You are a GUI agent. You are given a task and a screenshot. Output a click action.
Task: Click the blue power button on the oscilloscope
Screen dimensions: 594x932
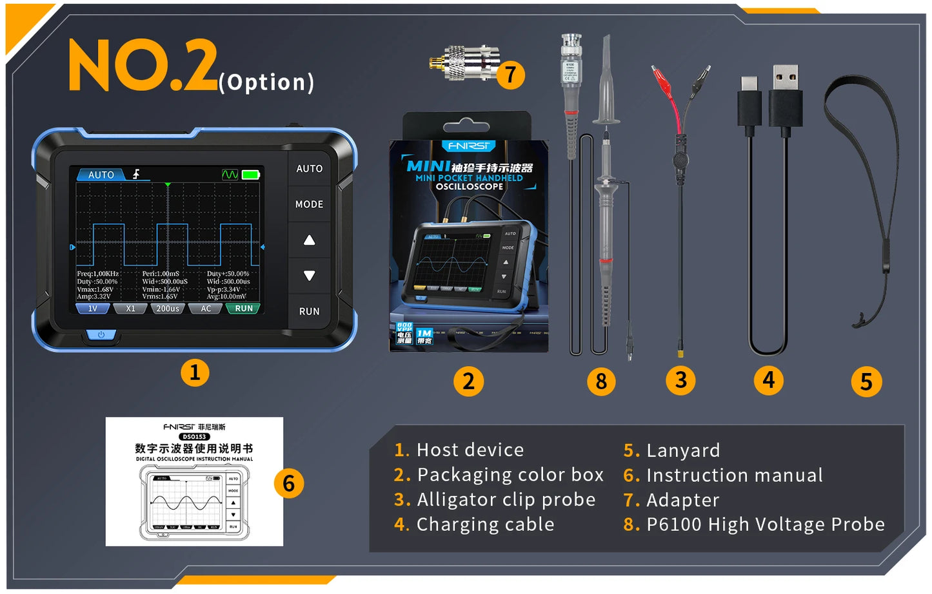[x=101, y=334]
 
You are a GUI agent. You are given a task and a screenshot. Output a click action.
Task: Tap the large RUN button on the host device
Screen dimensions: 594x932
[x=309, y=311]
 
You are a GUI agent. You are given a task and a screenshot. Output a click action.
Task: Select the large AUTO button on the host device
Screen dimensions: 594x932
[x=309, y=169]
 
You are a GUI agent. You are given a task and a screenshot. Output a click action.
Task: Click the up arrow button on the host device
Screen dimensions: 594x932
[x=309, y=240]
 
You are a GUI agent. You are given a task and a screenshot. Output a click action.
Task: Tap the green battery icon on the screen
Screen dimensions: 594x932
[x=251, y=175]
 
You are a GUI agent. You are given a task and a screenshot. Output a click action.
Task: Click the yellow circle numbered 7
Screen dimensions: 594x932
[x=511, y=75]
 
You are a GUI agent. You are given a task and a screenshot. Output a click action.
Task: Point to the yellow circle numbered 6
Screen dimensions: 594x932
[x=288, y=483]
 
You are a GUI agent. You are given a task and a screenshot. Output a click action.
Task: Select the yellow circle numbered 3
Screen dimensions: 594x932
[x=680, y=380]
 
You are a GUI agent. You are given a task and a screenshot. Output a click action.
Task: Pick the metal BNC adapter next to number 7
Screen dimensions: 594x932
[x=464, y=63]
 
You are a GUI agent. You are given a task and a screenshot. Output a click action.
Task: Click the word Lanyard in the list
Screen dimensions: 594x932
[x=682, y=450]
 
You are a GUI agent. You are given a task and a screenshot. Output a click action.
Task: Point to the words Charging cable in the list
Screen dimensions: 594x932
[x=485, y=524]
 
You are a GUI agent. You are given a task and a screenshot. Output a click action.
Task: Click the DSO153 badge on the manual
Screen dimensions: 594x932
[x=194, y=437]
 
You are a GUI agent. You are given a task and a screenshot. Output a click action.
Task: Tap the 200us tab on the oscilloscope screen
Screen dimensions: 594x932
[x=168, y=309]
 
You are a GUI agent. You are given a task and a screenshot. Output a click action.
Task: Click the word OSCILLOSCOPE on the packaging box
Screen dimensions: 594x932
[x=469, y=187]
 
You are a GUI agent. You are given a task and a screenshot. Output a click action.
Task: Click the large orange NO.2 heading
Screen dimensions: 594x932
[x=143, y=65]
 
